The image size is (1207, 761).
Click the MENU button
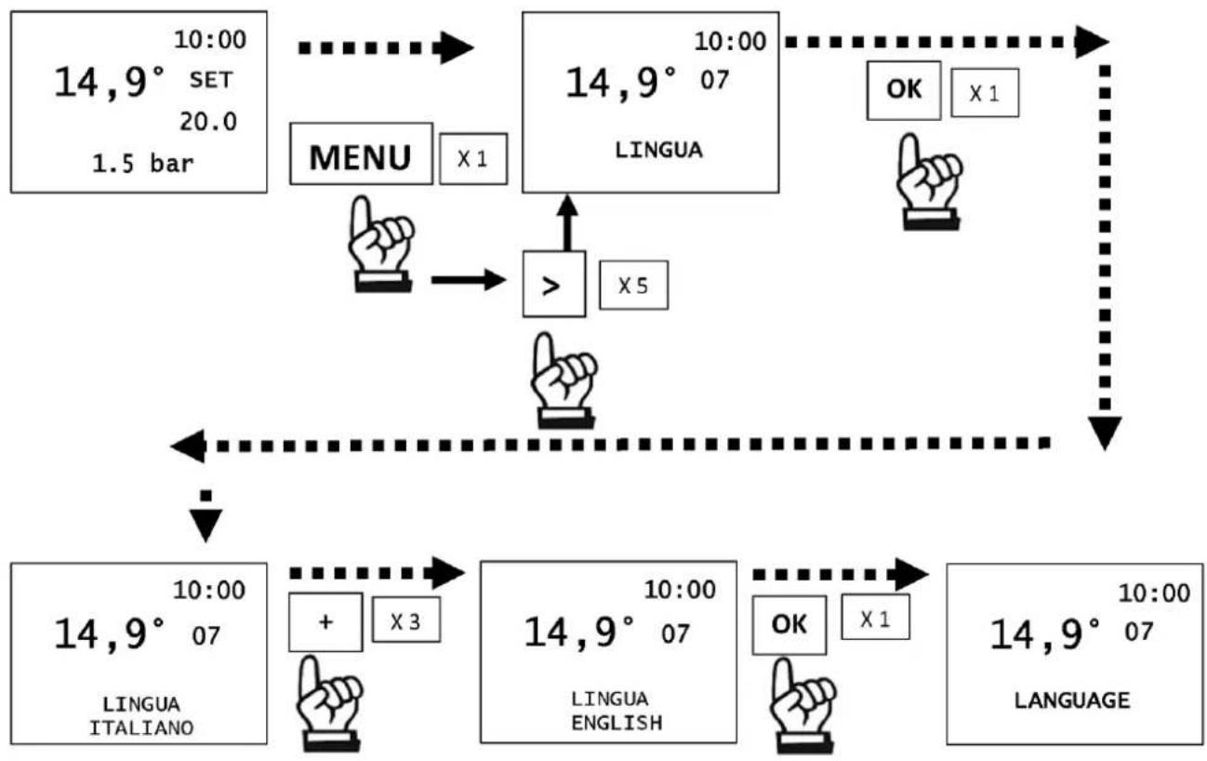[361, 154]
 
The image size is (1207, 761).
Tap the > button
[554, 284]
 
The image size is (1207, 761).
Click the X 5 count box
[633, 285]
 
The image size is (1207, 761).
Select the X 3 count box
[405, 620]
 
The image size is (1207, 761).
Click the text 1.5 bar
[143, 164]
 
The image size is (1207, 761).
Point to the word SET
[211, 80]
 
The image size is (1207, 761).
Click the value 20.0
[208, 122]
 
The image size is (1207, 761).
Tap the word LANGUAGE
[1072, 701]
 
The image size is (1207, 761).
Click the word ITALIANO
[141, 728]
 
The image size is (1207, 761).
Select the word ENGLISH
[617, 723]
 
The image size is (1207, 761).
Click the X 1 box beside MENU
[473, 159]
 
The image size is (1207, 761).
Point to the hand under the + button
[328, 703]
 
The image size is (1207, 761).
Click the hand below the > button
[564, 380]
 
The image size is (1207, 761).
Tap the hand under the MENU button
[381, 244]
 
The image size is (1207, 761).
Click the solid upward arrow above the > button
[567, 222]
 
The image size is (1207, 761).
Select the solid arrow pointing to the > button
[469, 280]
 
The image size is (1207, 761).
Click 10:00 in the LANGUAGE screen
[1154, 593]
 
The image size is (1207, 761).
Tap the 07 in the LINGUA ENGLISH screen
[675, 634]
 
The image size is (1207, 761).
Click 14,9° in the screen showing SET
[110, 83]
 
